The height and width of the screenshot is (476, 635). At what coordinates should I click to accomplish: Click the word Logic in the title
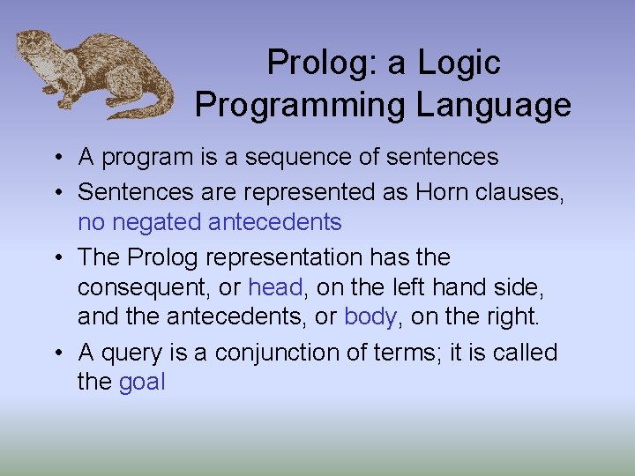click(x=459, y=63)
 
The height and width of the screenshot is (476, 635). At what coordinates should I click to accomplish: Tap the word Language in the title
click(x=493, y=105)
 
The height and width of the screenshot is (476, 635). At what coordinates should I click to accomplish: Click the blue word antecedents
click(x=274, y=222)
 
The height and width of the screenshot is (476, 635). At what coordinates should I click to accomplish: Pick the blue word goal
click(x=141, y=383)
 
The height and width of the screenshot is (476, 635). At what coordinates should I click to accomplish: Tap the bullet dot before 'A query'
click(x=55, y=353)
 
